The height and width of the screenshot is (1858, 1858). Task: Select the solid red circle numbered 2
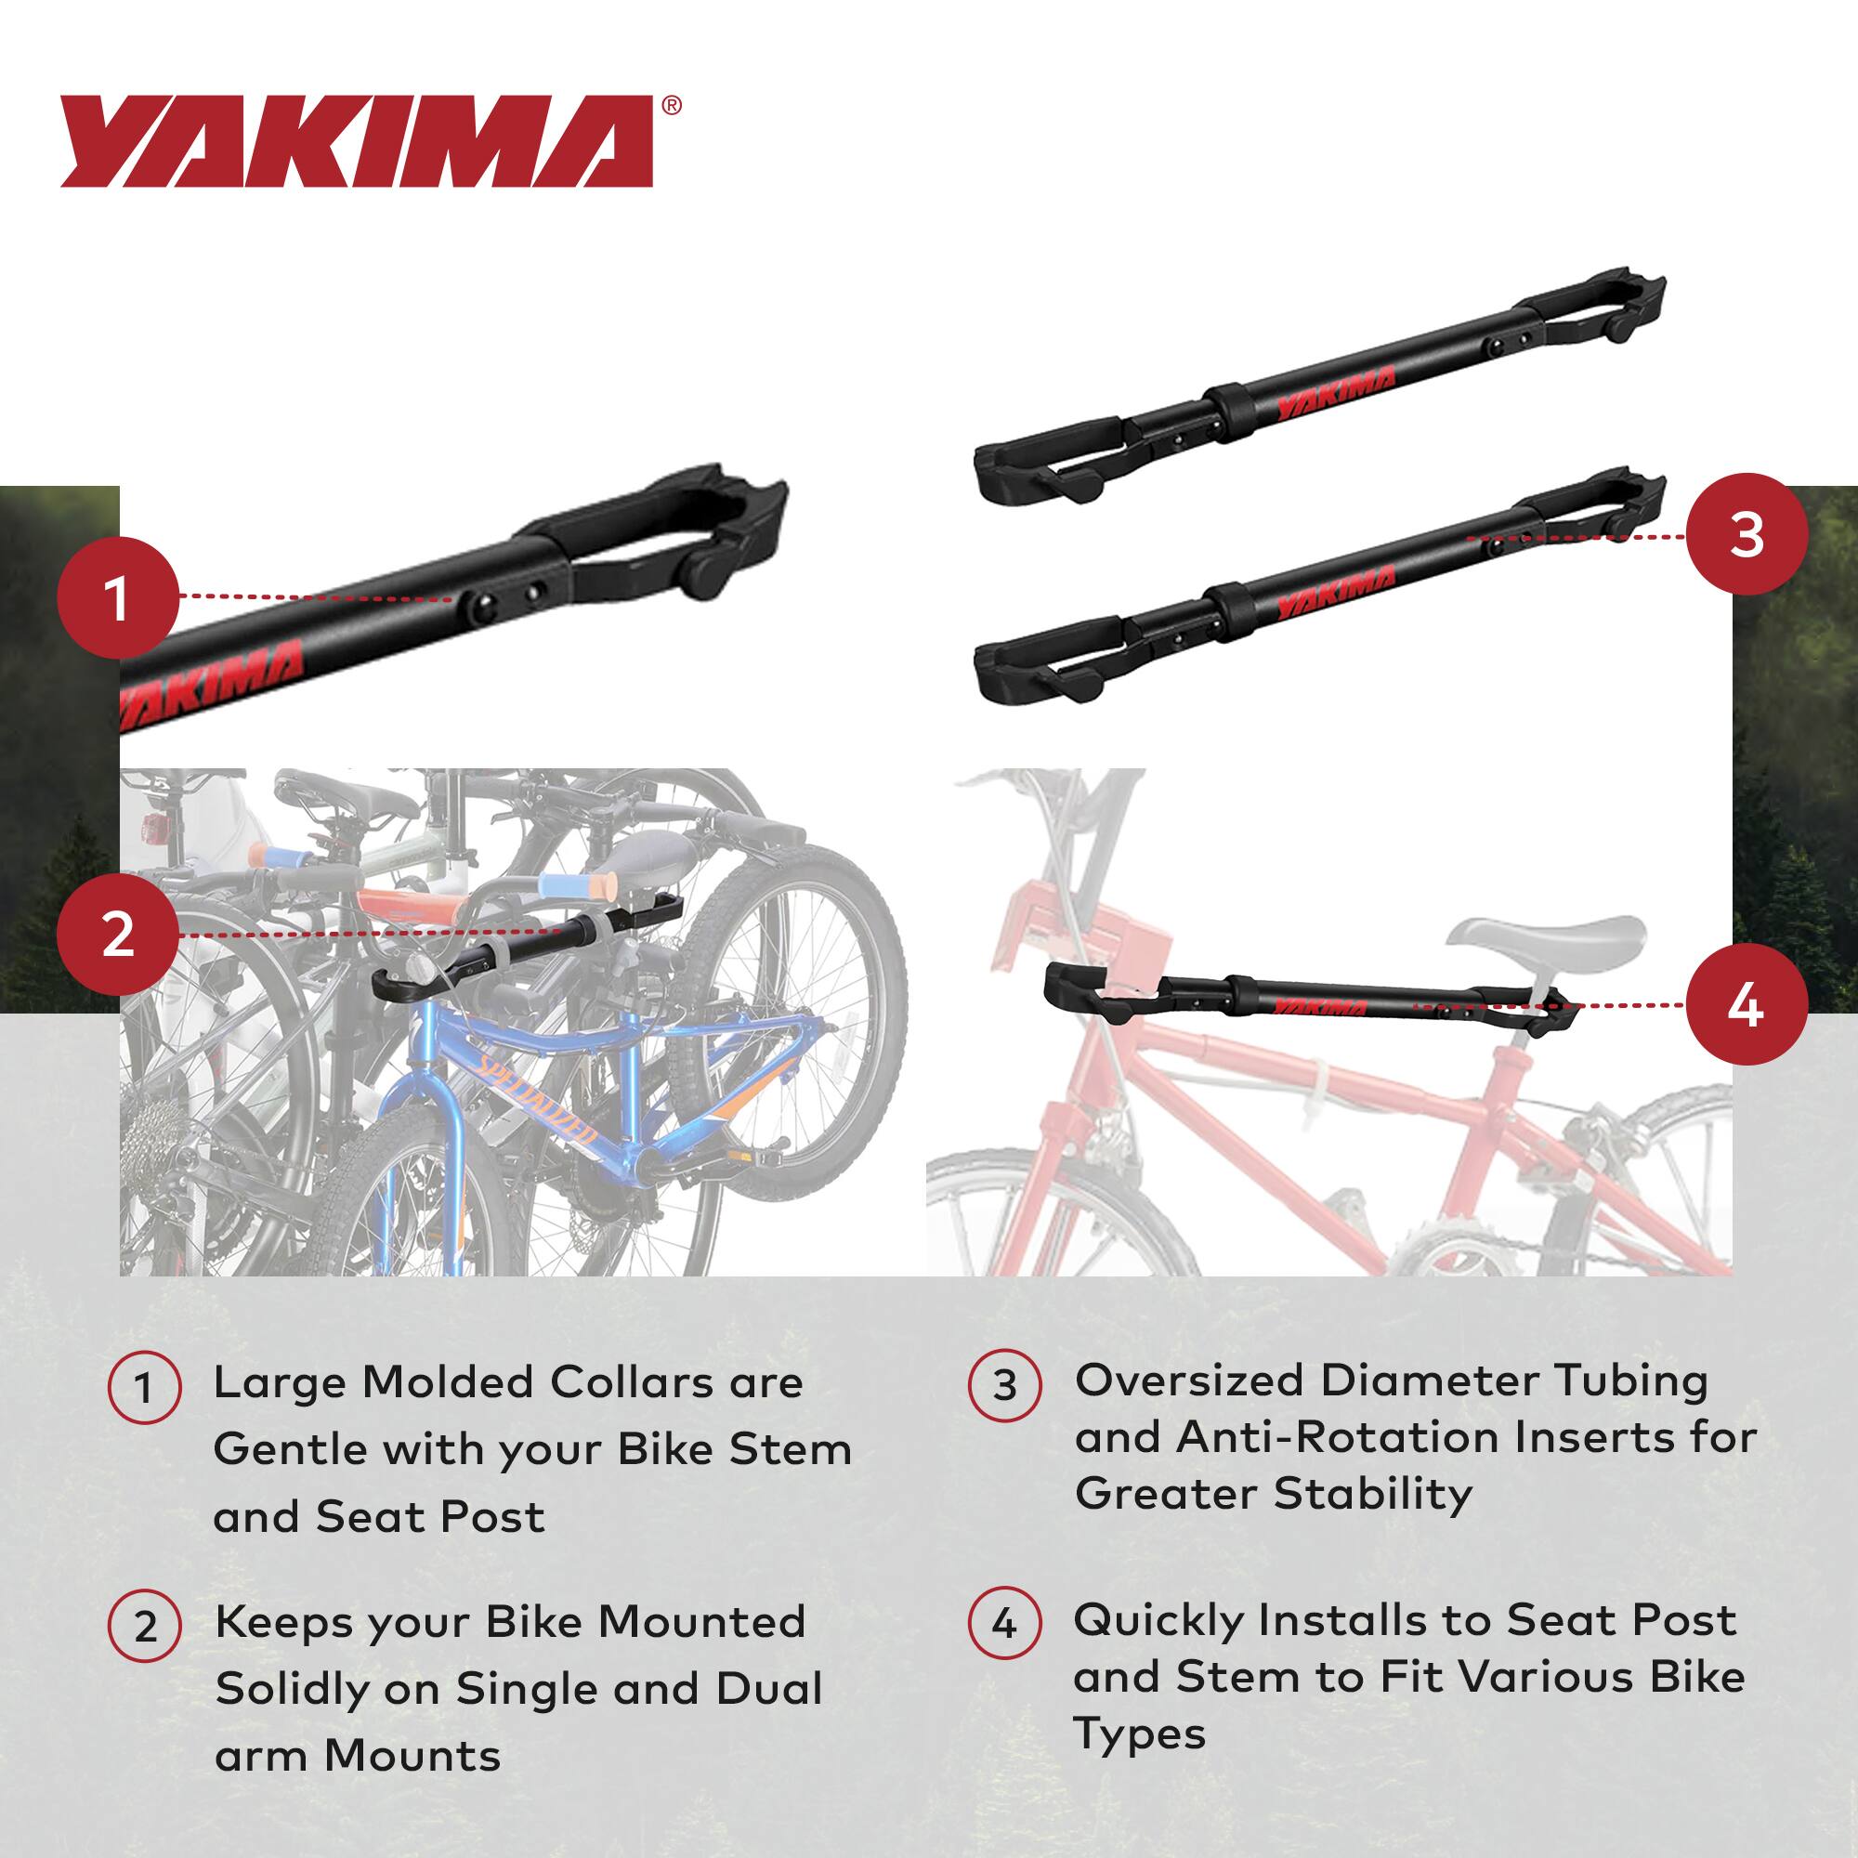117,934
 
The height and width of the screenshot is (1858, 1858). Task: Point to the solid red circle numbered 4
1746,1006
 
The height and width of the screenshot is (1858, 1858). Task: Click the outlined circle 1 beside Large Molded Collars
144,1389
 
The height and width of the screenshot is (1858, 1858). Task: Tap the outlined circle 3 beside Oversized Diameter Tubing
1004,1386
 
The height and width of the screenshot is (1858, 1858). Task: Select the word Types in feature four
1139,1734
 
